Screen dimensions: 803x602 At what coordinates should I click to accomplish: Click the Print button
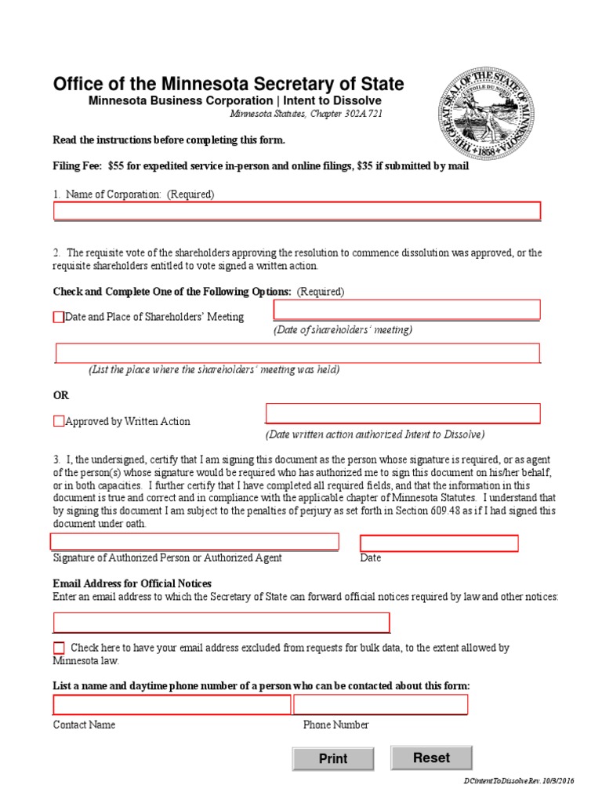pos(332,758)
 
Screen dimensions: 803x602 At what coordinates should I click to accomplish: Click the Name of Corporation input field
pos(296,210)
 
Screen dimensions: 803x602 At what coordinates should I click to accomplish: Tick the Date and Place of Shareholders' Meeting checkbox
pos(59,317)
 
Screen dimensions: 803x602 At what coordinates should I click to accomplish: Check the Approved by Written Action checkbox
pos(59,421)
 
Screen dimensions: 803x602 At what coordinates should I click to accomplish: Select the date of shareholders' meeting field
pos(406,310)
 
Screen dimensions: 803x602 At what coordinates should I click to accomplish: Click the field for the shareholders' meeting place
pos(297,353)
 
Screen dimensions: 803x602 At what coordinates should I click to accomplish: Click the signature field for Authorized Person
pos(194,541)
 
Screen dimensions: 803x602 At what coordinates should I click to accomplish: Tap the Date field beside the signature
pos(439,543)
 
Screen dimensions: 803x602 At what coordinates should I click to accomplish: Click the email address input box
pos(221,623)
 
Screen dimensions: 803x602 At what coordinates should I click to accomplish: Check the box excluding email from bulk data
pos(60,648)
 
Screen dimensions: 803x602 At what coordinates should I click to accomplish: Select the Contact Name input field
pos(172,704)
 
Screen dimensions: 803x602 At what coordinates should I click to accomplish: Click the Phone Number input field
pos(381,704)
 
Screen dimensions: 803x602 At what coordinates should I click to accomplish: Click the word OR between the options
pos(61,395)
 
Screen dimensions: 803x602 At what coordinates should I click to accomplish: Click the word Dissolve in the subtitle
pos(359,100)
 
